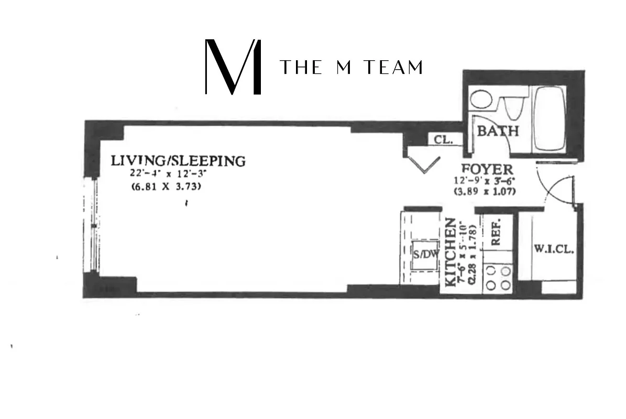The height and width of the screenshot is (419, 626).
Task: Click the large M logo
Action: click(233, 67)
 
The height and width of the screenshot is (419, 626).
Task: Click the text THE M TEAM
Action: click(351, 68)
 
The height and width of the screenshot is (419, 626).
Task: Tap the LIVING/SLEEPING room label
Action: click(178, 160)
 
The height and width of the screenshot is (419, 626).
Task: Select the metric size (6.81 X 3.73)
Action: click(166, 187)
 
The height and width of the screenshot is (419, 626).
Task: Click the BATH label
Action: click(498, 131)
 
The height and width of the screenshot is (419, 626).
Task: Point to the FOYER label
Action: click(487, 170)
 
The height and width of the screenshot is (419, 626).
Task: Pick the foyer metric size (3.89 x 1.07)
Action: click(485, 192)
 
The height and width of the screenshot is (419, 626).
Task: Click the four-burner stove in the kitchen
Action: click(498, 278)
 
